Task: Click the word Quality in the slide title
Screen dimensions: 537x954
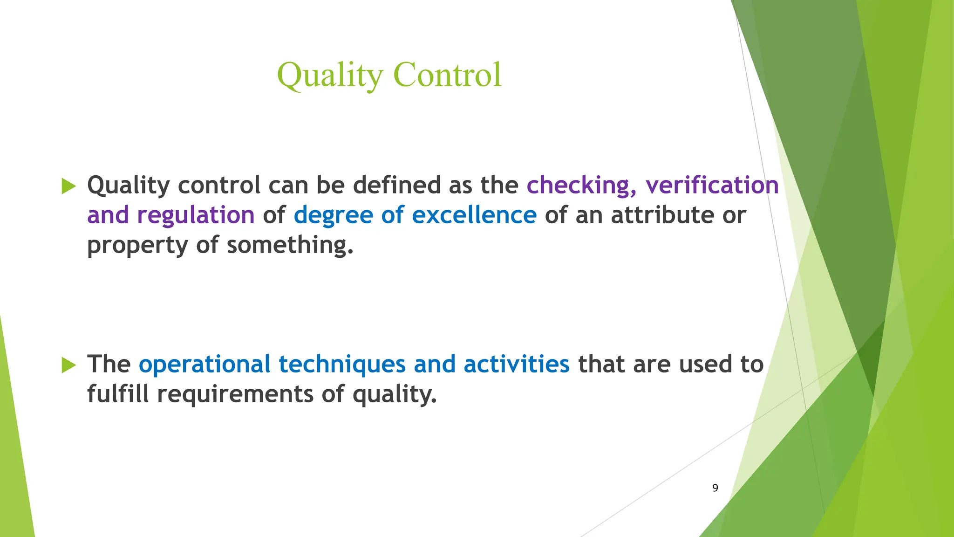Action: click(330, 76)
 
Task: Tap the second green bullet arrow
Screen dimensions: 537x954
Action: click(68, 365)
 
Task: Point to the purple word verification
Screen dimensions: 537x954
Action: click(712, 185)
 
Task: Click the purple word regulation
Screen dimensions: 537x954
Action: click(196, 215)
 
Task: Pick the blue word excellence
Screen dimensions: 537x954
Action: click(474, 215)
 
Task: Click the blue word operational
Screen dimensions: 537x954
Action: click(204, 365)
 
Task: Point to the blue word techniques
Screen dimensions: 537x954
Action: click(342, 365)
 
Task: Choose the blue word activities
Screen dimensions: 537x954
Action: click(516, 364)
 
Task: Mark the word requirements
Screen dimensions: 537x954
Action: click(235, 394)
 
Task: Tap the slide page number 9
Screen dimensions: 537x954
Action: click(715, 488)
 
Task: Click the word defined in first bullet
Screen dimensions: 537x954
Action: click(396, 185)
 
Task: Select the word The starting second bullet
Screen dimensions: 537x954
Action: click(109, 364)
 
